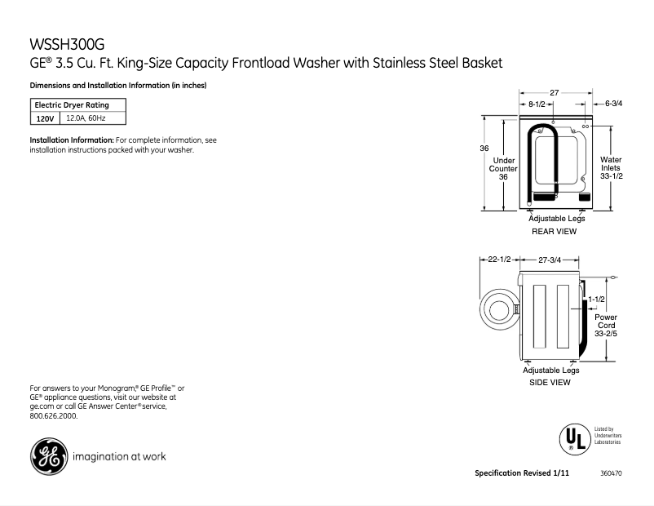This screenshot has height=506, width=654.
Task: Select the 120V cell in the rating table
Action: [x=45, y=118]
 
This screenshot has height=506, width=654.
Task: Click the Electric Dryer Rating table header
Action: [x=71, y=105]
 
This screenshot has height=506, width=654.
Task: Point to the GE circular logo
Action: [x=49, y=456]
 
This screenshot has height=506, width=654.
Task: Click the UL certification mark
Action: [x=573, y=439]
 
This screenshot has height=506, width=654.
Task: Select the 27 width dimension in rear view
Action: [x=554, y=93]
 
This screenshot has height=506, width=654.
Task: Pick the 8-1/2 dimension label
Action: [x=537, y=104]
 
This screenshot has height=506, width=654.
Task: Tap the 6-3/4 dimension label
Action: [x=613, y=104]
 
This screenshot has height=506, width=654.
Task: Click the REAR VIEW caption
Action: [x=554, y=232]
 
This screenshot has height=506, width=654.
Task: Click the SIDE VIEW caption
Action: [x=550, y=382]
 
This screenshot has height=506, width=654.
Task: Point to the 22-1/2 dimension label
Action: [x=498, y=260]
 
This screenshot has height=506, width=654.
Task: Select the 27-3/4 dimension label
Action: [x=550, y=260]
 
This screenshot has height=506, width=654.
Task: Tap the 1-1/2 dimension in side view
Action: [x=596, y=300]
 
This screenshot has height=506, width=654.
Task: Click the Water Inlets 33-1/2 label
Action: [x=611, y=168]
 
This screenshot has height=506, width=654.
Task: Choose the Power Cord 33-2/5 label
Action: [x=605, y=325]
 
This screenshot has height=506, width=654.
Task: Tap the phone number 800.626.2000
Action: [x=53, y=415]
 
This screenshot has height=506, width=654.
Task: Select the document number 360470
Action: [x=611, y=473]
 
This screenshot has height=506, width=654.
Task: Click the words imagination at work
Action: [x=119, y=456]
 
